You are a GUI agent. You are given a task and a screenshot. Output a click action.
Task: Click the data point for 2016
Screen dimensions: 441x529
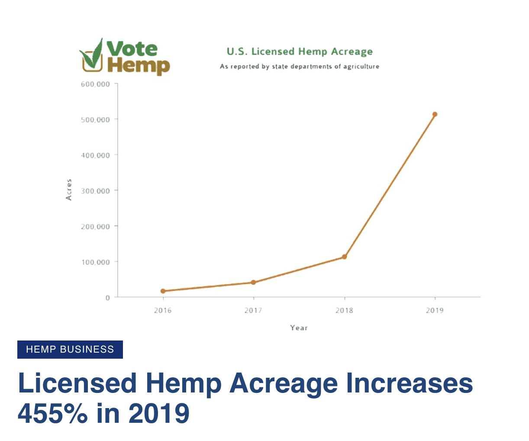click(x=163, y=291)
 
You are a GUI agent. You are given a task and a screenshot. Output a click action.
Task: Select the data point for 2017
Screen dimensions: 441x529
click(x=253, y=282)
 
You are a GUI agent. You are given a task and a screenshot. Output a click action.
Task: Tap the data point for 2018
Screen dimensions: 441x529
click(x=344, y=257)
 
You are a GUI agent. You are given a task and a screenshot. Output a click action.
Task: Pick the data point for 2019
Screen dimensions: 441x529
click(x=435, y=114)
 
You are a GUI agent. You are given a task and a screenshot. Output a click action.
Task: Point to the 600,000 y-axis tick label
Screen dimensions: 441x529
click(x=95, y=84)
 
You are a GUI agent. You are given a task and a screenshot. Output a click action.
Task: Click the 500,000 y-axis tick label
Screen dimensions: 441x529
click(x=95, y=120)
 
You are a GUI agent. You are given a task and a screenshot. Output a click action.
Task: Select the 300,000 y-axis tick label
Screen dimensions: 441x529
click(x=95, y=191)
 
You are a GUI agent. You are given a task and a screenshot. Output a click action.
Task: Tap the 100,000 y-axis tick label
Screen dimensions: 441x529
click(x=95, y=262)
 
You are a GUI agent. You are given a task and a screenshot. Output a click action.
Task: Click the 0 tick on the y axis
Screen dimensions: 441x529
click(x=107, y=298)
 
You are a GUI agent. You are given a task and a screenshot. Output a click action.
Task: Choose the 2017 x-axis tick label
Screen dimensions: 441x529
click(x=253, y=310)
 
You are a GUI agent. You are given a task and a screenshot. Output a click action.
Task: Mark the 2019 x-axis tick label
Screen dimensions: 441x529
click(x=435, y=310)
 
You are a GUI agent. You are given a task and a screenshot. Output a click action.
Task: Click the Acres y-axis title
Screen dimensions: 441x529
click(x=69, y=190)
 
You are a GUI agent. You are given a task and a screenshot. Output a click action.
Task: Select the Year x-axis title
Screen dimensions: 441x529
click(x=299, y=328)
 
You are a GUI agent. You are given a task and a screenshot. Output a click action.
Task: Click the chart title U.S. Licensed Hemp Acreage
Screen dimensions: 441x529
click(x=300, y=52)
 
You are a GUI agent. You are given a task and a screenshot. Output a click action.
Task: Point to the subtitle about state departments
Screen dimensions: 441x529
click(x=300, y=66)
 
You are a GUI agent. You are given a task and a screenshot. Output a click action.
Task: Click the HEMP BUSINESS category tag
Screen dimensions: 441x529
click(x=70, y=350)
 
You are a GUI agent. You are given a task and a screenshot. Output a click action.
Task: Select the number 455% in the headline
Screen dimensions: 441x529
click(x=53, y=413)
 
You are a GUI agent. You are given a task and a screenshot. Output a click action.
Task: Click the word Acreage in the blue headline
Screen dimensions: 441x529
click(x=283, y=384)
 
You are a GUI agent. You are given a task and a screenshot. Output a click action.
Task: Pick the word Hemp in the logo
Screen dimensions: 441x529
click(x=138, y=66)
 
